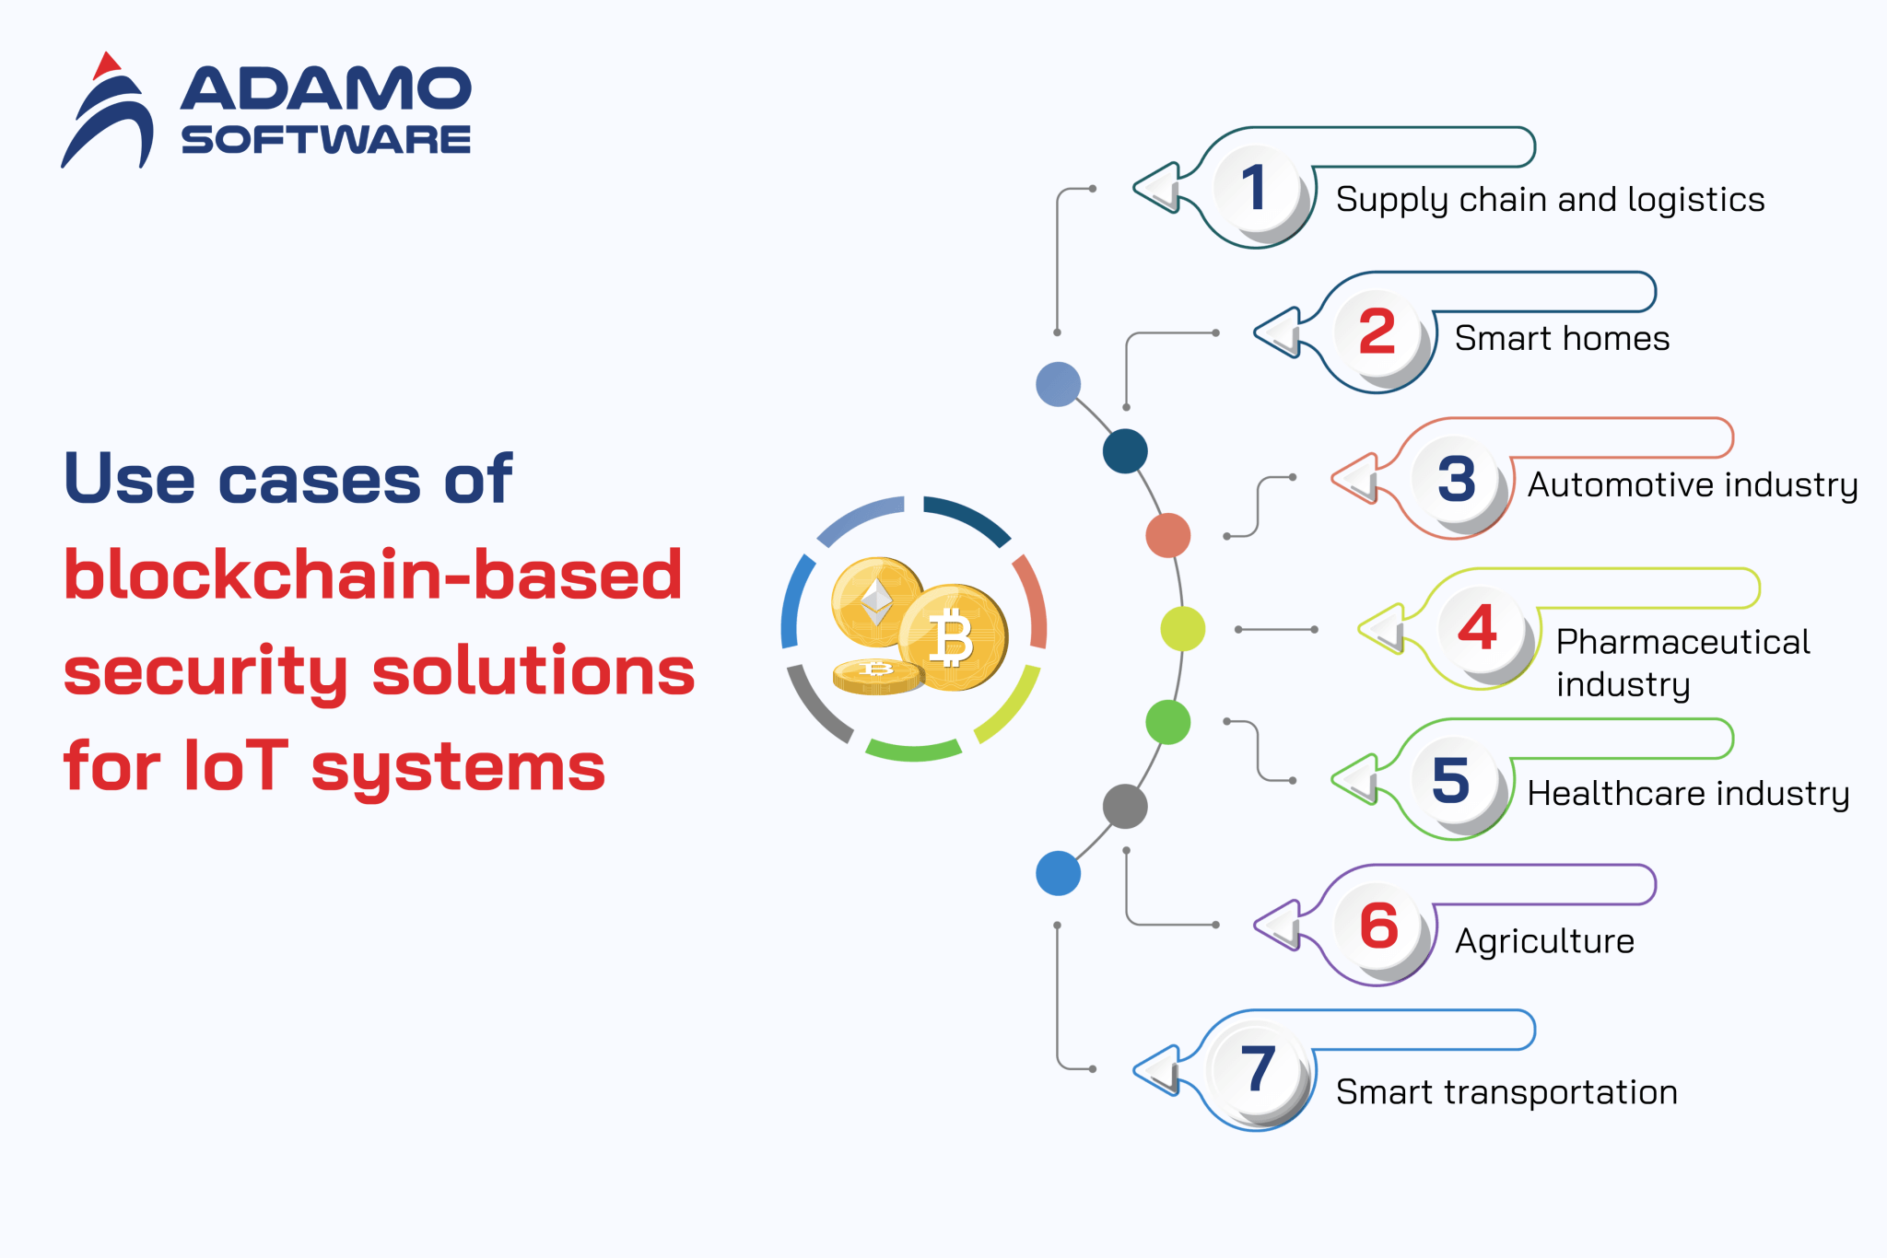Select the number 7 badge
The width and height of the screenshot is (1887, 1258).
(x=1257, y=1069)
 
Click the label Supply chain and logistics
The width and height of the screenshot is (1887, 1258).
(x=1550, y=200)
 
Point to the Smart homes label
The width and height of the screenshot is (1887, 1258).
(x=1562, y=339)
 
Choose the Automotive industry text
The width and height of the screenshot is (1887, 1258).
(x=1692, y=484)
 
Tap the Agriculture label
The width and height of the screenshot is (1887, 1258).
(x=1544, y=941)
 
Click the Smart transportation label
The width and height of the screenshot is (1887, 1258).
(x=1506, y=1092)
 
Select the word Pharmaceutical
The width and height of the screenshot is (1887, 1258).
(x=1682, y=642)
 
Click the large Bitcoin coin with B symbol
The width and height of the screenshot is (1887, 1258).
(x=953, y=637)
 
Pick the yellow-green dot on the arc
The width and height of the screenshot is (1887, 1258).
(x=1182, y=629)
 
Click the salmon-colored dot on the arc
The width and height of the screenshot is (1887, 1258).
(x=1167, y=535)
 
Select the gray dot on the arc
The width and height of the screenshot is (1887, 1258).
(x=1124, y=807)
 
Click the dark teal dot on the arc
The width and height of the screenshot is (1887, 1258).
(x=1124, y=451)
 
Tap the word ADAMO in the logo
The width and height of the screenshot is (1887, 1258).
(x=325, y=89)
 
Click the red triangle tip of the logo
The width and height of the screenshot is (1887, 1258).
(x=107, y=64)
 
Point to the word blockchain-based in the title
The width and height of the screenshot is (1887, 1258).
(x=373, y=576)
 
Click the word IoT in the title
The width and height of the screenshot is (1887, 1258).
(x=236, y=766)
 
